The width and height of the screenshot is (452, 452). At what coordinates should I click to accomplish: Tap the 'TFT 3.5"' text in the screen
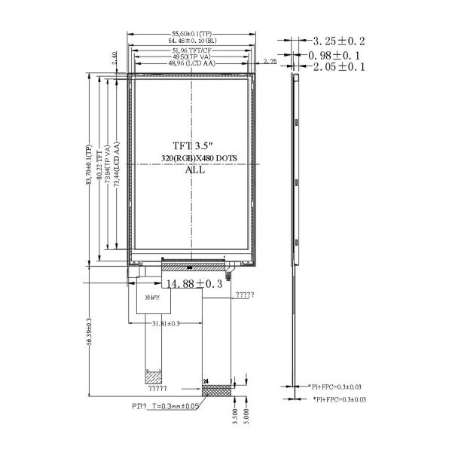pos(193,145)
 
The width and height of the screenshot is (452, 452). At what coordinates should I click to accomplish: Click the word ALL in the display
pos(194,170)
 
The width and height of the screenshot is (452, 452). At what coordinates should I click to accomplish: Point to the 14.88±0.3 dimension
pos(194,284)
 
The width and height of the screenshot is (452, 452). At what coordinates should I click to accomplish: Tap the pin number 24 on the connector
pos(205,382)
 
